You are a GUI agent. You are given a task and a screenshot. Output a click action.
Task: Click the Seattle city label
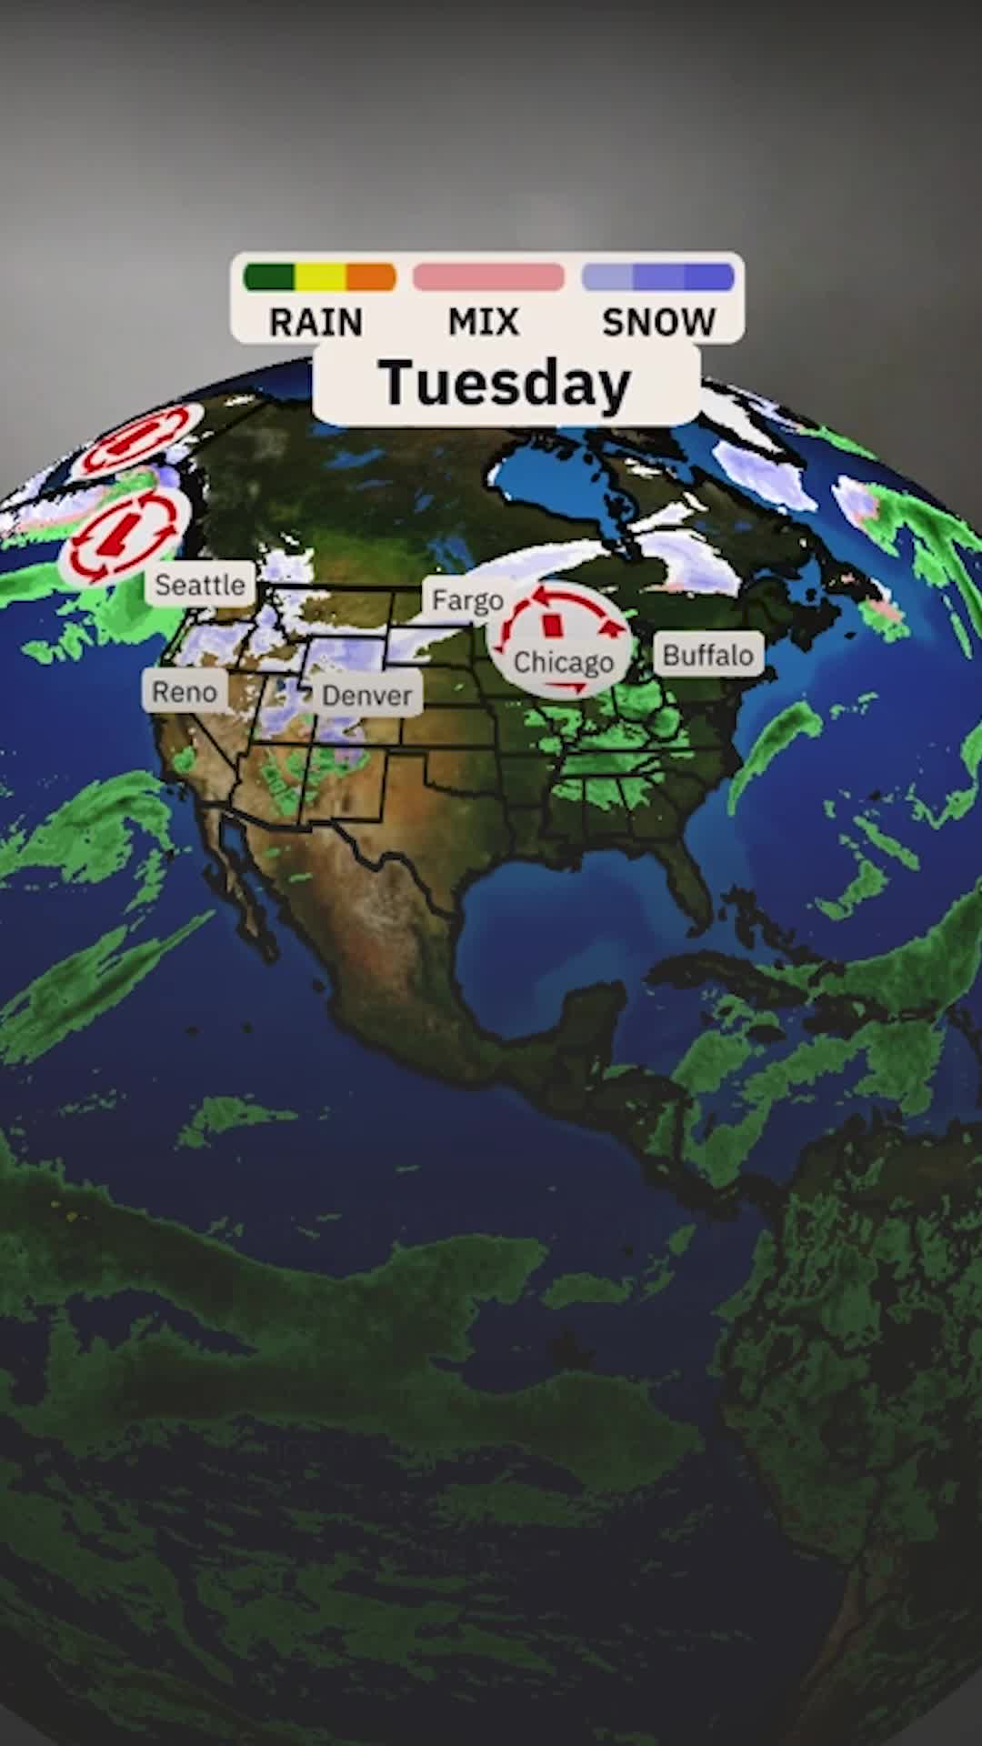pyautogui.click(x=200, y=585)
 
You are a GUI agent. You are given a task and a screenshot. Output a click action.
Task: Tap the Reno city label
pyautogui.click(x=185, y=692)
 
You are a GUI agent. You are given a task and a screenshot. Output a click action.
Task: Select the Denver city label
pyautogui.click(x=366, y=696)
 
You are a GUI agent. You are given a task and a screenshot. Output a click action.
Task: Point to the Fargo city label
pyautogui.click(x=467, y=600)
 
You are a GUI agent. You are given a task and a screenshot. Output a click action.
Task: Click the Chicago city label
pyautogui.click(x=564, y=662)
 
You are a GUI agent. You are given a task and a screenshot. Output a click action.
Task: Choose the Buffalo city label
pyautogui.click(x=707, y=655)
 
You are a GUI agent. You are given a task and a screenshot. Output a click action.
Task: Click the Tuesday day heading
pyautogui.click(x=506, y=384)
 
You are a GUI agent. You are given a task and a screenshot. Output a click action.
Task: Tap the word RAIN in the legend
pyautogui.click(x=316, y=322)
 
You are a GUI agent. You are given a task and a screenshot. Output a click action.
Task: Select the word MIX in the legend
pyautogui.click(x=484, y=322)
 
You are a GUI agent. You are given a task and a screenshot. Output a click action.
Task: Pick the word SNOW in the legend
pyautogui.click(x=659, y=322)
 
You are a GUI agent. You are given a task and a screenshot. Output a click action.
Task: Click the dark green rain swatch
pyautogui.click(x=269, y=277)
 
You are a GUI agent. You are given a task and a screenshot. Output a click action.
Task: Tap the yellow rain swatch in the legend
pyautogui.click(x=320, y=277)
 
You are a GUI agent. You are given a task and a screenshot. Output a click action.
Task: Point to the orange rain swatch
pyautogui.click(x=371, y=277)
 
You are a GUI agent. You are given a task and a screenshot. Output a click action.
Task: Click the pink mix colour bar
pyautogui.click(x=488, y=277)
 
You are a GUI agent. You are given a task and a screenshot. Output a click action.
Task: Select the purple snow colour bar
pyautogui.click(x=658, y=277)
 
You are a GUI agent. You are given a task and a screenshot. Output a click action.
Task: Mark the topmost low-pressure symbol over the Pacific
pyautogui.click(x=136, y=441)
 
